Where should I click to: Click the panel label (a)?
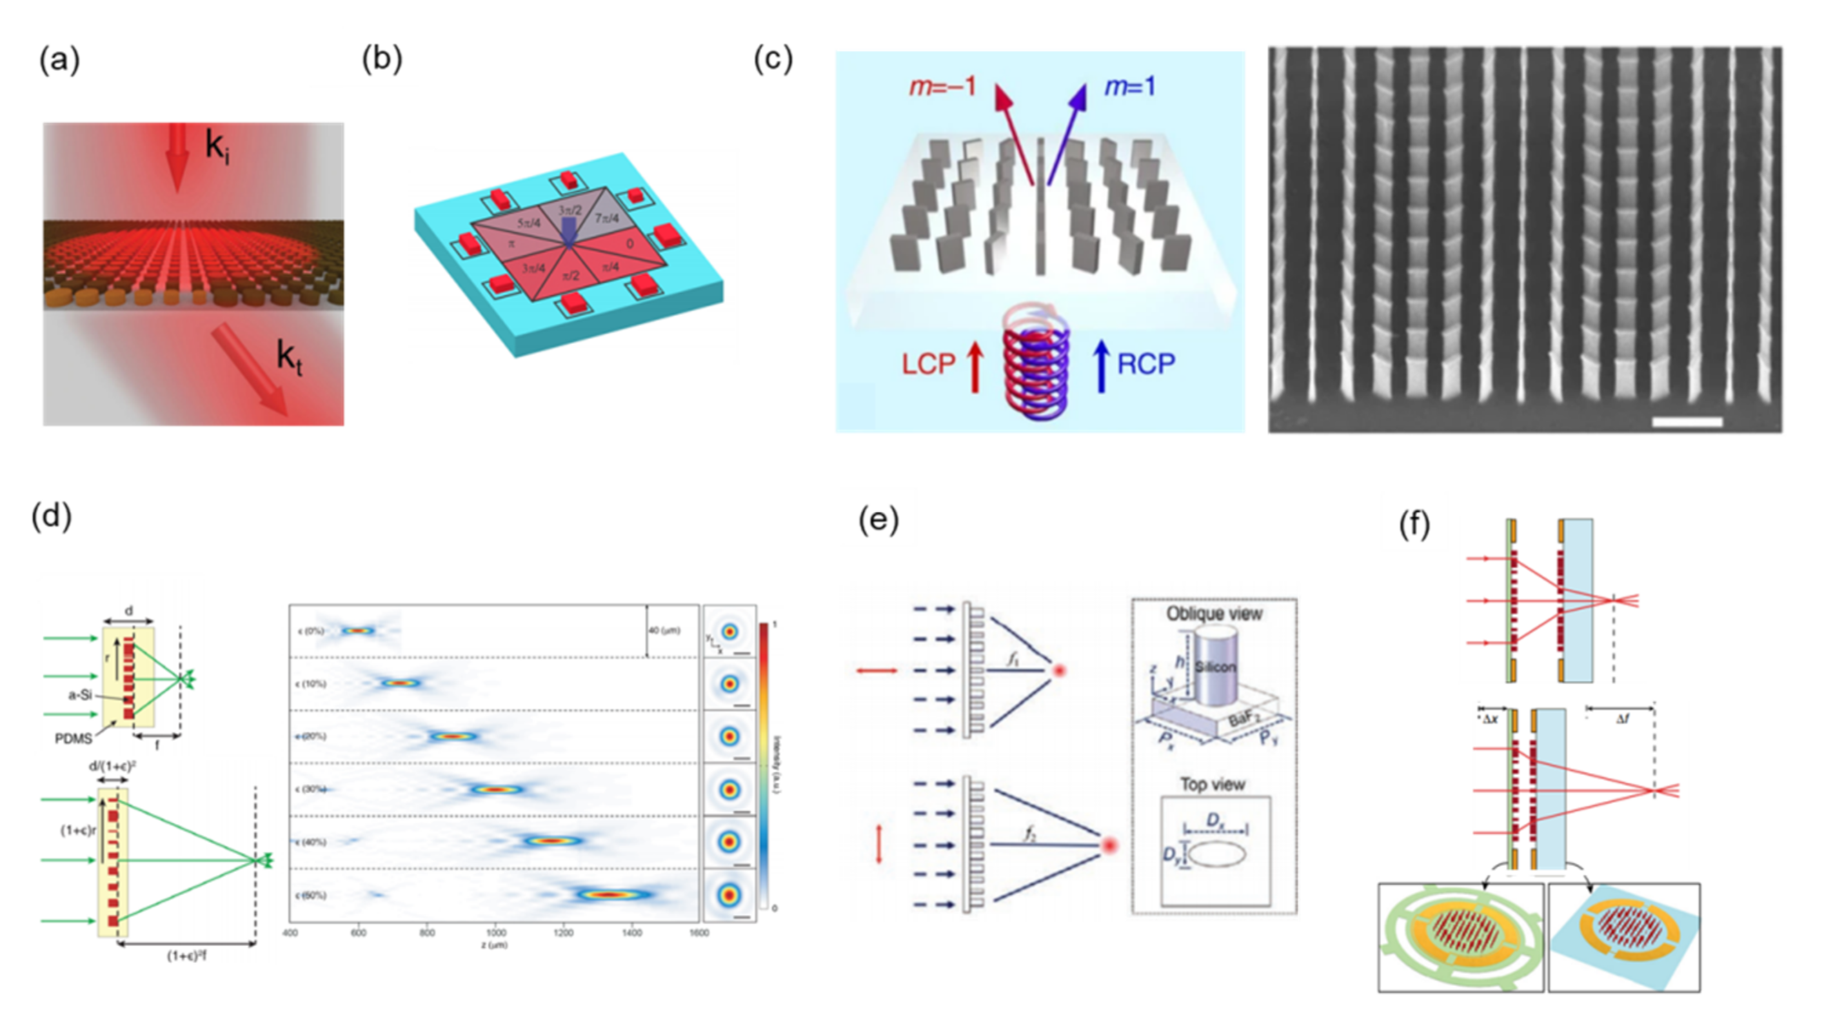59,60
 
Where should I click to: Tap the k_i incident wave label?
217,146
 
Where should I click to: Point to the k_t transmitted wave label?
288,356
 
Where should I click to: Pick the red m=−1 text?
942,87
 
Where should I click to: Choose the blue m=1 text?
1129,87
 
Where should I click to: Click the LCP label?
928,364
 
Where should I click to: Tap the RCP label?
1145,364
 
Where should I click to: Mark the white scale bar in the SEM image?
1687,422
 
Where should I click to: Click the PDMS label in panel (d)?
74,739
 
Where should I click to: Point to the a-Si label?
80,695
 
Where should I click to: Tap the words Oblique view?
1214,613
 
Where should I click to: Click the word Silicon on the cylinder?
1215,667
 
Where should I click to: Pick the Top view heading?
1212,784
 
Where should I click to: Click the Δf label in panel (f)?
1622,719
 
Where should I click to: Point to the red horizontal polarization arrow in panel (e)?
877,670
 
